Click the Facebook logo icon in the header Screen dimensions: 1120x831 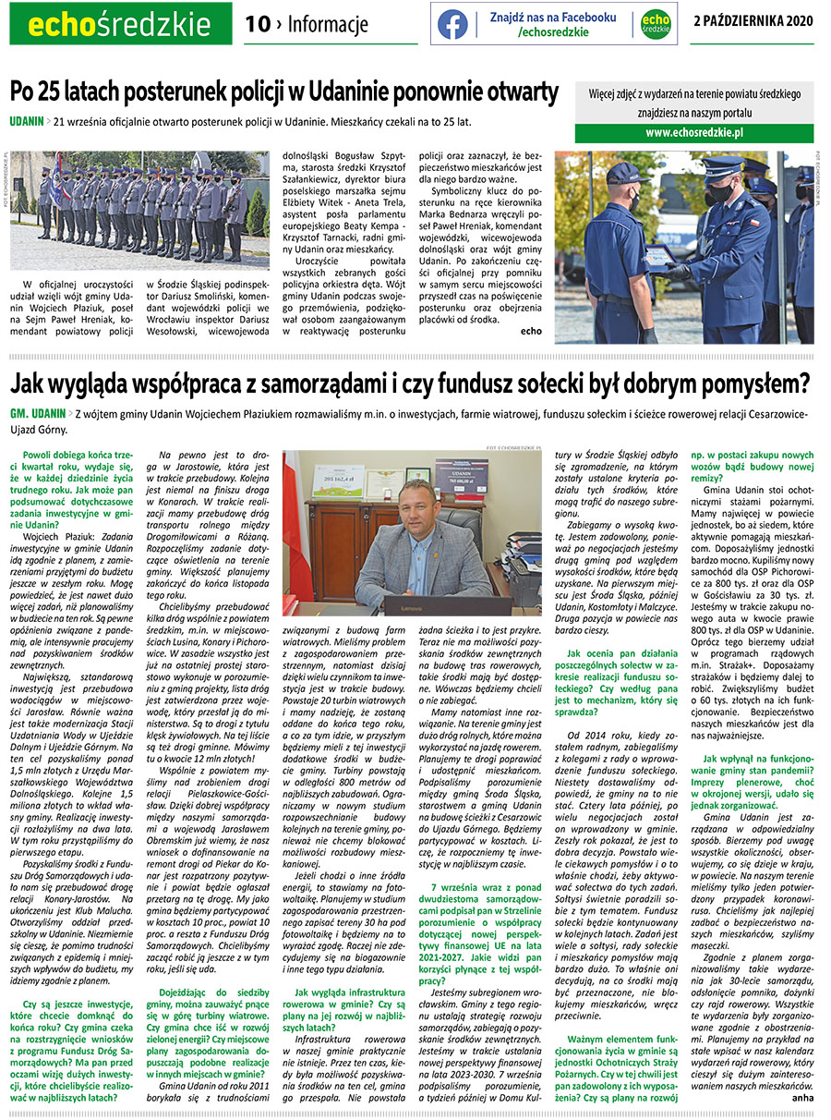pos(452,24)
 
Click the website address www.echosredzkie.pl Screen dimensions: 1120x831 pos(695,133)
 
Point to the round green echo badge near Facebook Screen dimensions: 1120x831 pos(655,24)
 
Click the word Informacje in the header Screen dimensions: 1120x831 pos(321,25)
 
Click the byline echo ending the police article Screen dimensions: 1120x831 pos(532,330)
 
